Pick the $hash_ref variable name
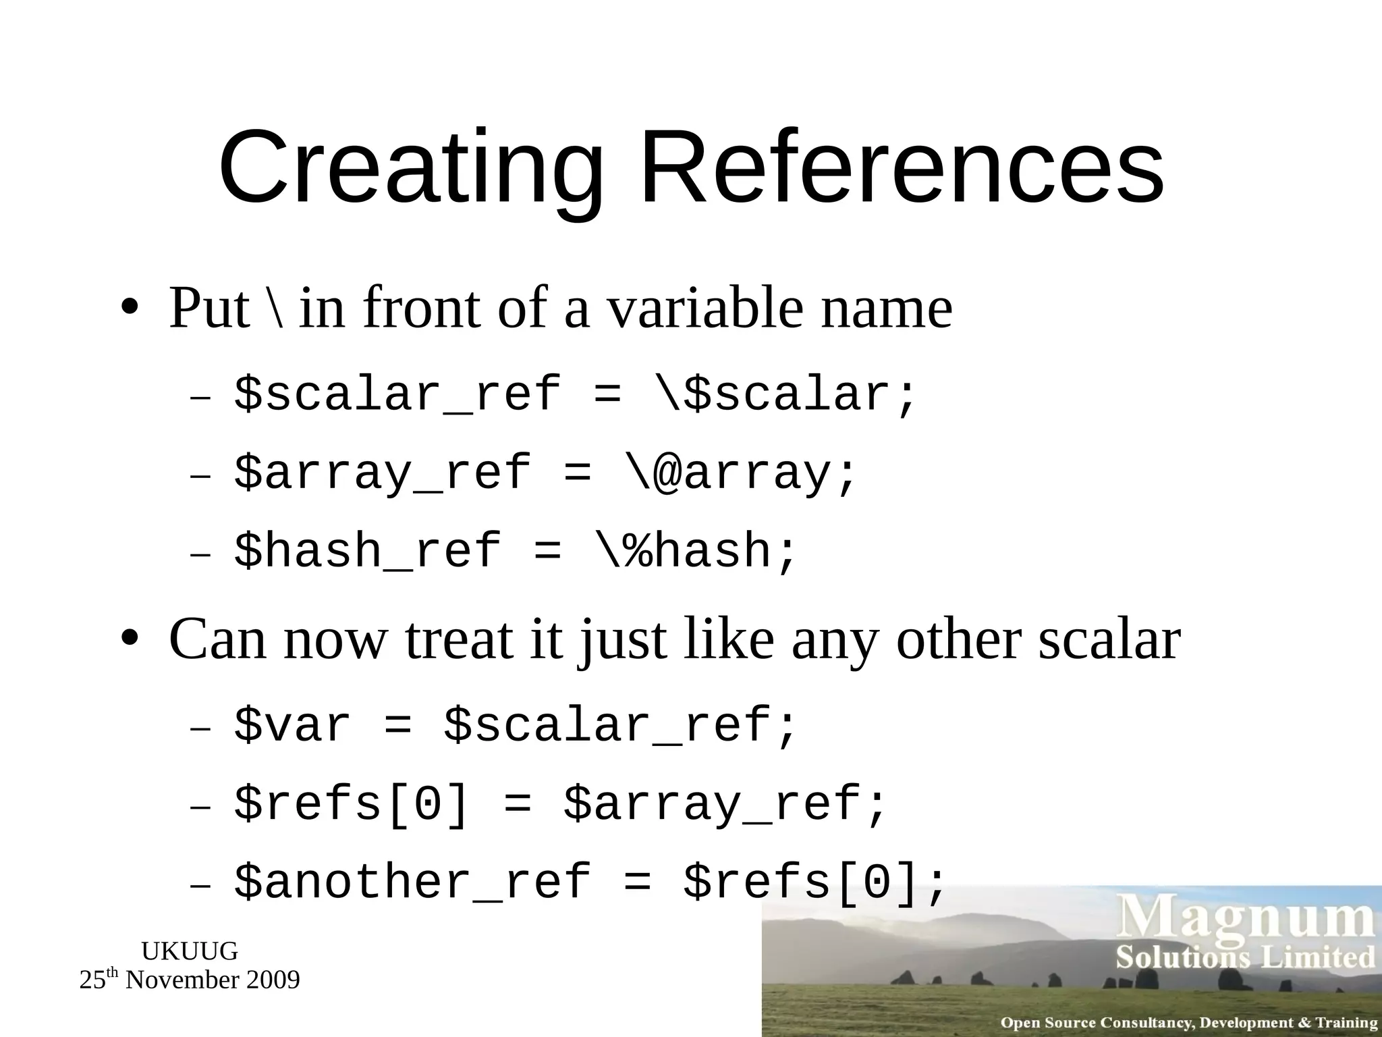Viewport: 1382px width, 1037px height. point(368,551)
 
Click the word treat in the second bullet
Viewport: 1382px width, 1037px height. point(459,640)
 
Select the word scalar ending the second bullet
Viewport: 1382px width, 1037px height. point(1109,640)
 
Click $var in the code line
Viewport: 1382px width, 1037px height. point(292,726)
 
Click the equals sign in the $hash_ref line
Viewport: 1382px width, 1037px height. point(547,551)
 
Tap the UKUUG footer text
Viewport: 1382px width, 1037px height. point(190,951)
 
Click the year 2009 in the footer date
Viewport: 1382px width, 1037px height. point(273,980)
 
